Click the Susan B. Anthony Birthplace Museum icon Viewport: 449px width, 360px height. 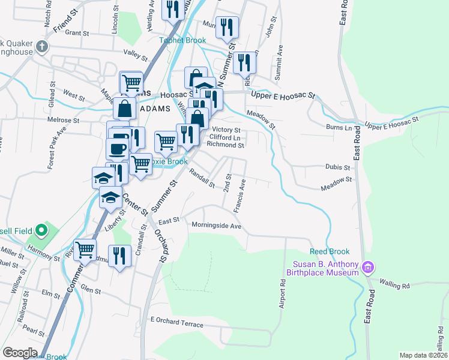click(369, 266)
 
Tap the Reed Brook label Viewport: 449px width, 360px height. click(330, 251)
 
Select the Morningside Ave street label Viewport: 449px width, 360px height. click(216, 226)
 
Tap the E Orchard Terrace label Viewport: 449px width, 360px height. click(177, 322)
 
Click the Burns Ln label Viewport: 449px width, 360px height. click(339, 128)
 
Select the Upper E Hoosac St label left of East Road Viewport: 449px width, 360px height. click(283, 95)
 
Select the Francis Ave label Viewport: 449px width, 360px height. click(238, 196)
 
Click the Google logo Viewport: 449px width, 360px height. click(20, 353)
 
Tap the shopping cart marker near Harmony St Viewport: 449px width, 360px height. click(85, 248)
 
